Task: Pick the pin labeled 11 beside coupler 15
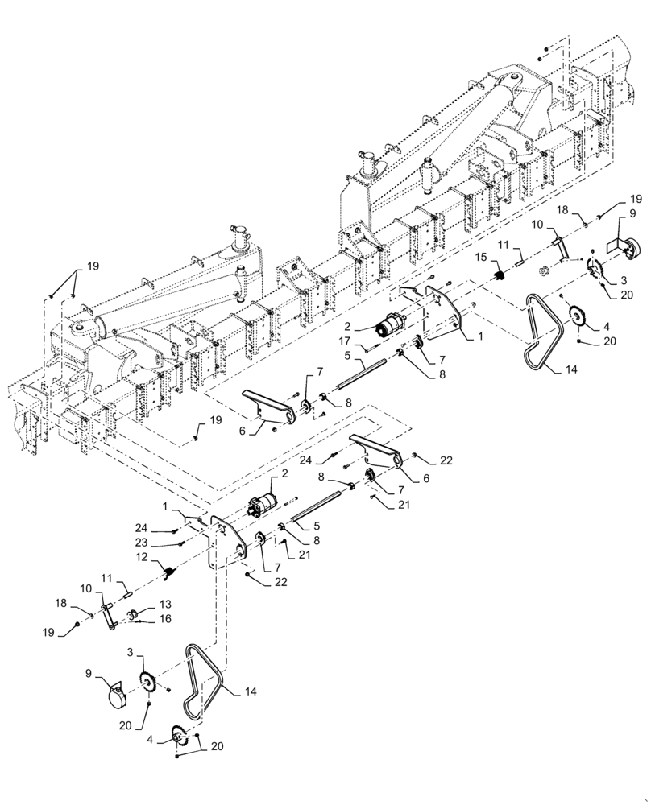[x=520, y=258]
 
